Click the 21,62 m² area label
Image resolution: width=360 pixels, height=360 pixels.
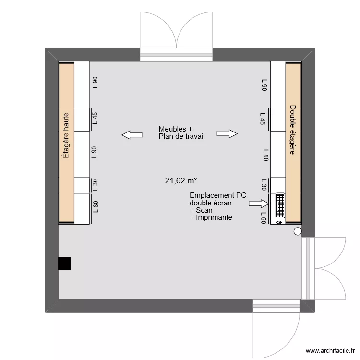click(x=181, y=181)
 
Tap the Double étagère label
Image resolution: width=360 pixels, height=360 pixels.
click(x=292, y=130)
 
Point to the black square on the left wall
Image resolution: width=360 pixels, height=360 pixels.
click(x=64, y=264)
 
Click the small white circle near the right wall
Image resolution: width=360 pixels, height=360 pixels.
click(x=298, y=232)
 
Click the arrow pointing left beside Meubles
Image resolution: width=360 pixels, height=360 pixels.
click(x=132, y=135)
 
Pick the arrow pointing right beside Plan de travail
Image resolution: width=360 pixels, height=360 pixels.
click(x=227, y=134)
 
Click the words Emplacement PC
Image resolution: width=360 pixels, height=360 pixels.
click(x=218, y=195)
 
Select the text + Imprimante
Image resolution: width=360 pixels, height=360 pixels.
click(x=211, y=217)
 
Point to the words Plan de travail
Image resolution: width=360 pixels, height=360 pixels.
click(x=181, y=136)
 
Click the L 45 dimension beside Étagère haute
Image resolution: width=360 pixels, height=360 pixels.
click(x=95, y=118)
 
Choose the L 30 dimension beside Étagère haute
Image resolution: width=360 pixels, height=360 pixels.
click(x=95, y=185)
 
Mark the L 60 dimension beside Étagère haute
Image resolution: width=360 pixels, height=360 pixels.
click(x=95, y=207)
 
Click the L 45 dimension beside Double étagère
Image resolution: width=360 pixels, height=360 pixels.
click(x=263, y=118)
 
